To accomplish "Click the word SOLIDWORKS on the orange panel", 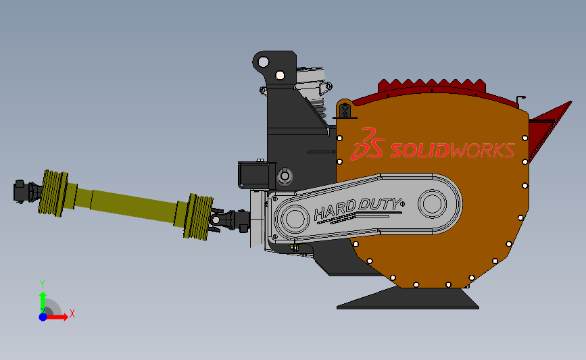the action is click(x=453, y=151).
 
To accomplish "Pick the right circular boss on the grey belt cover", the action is click(x=433, y=203).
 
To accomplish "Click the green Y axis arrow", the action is click(x=43, y=301).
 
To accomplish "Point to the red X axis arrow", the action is click(x=56, y=317).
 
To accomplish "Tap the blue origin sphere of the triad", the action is click(x=43, y=317).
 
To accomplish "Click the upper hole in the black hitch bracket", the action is click(x=264, y=62).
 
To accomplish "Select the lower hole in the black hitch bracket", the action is click(x=280, y=76).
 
